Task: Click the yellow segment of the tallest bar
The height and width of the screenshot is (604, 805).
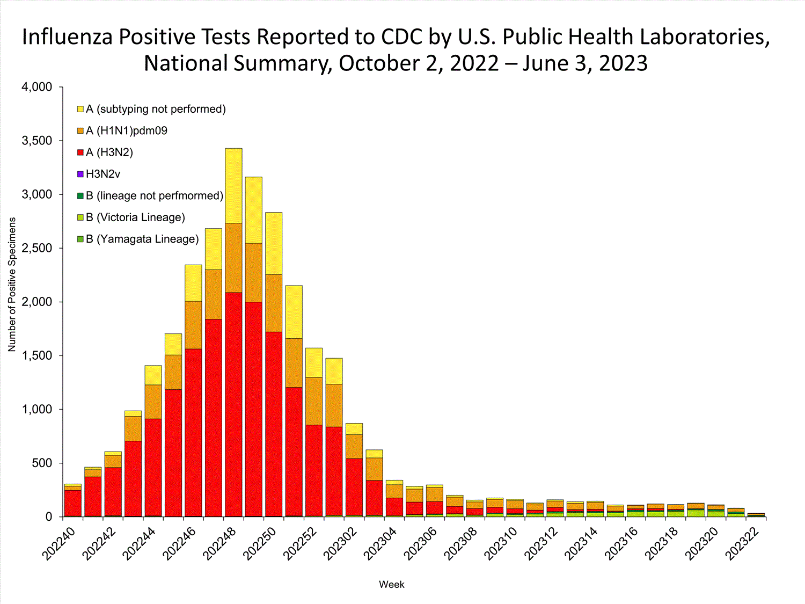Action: point(233,185)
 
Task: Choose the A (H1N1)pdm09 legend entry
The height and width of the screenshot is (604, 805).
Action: point(127,130)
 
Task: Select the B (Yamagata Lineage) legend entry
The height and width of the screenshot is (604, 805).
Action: point(142,239)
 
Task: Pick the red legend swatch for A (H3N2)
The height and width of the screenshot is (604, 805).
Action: point(80,152)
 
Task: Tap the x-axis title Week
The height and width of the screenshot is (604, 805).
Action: point(391,584)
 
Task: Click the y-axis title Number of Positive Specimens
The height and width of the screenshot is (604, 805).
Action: point(12,285)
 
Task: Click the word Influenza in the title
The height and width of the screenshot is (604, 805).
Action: point(67,37)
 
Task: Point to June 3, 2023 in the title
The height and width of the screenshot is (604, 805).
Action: point(585,63)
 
